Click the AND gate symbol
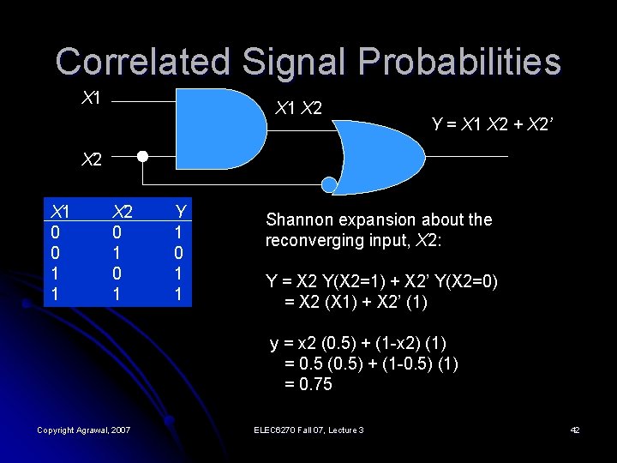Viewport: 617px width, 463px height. click(x=219, y=129)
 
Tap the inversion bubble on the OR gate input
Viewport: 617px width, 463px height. click(x=329, y=183)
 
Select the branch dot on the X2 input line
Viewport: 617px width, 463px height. click(x=143, y=158)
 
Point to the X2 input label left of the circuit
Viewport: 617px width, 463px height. click(x=91, y=159)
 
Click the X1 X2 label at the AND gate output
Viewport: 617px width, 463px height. click(x=298, y=109)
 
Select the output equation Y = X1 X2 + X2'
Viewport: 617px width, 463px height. click(x=494, y=125)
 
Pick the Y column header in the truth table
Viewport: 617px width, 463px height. click(x=181, y=212)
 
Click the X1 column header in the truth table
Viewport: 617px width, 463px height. click(x=59, y=212)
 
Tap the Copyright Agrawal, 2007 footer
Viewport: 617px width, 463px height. click(x=83, y=430)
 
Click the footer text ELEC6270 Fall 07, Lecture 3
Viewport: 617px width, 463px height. click(x=308, y=430)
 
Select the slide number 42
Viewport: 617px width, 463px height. click(x=575, y=430)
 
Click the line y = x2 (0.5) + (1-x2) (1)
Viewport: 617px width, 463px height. click(x=357, y=344)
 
